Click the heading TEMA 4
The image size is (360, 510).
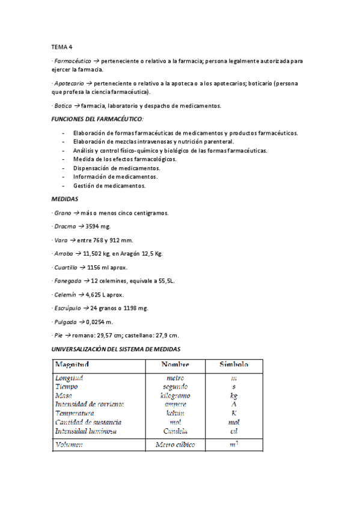pos(61,46)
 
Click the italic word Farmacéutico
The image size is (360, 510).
pos(72,61)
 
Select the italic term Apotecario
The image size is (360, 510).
pos(69,84)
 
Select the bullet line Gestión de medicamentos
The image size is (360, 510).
pos(109,186)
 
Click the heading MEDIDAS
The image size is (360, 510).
pos(65,198)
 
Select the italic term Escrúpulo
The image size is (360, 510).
pos(67,308)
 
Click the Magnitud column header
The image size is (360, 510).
pos(72,364)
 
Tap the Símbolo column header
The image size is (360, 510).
pos(233,364)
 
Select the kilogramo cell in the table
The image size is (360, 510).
pos(175,396)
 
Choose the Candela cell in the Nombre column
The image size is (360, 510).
pos(175,431)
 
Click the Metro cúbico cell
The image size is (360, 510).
pos(175,445)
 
